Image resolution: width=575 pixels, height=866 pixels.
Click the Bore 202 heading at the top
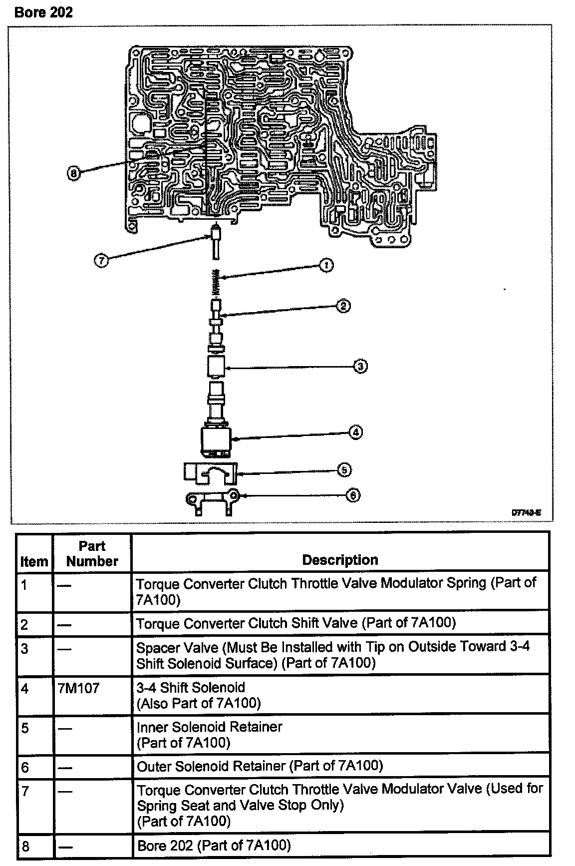tap(44, 12)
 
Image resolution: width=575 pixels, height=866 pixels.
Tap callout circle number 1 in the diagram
tap(326, 265)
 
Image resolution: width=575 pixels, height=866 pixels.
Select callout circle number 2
tap(343, 306)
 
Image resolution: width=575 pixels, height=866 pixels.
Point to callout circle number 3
tap(360, 367)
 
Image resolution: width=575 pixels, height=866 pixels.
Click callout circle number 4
tap(355, 432)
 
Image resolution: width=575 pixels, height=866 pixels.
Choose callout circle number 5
tap(344, 470)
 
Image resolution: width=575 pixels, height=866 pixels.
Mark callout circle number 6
tap(352, 495)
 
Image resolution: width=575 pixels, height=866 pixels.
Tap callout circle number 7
tap(101, 260)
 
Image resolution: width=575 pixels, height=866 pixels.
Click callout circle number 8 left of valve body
tap(73, 173)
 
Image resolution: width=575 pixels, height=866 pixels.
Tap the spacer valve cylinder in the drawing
tap(216, 367)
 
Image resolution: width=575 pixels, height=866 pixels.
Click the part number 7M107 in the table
tap(79, 688)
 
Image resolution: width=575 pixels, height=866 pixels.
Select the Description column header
tap(340, 560)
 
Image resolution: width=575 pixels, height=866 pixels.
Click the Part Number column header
tap(92, 553)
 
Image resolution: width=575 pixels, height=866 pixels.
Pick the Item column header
tap(34, 561)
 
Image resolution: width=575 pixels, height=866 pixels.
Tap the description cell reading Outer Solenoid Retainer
tap(260, 766)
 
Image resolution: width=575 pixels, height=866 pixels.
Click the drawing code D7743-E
tap(526, 512)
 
